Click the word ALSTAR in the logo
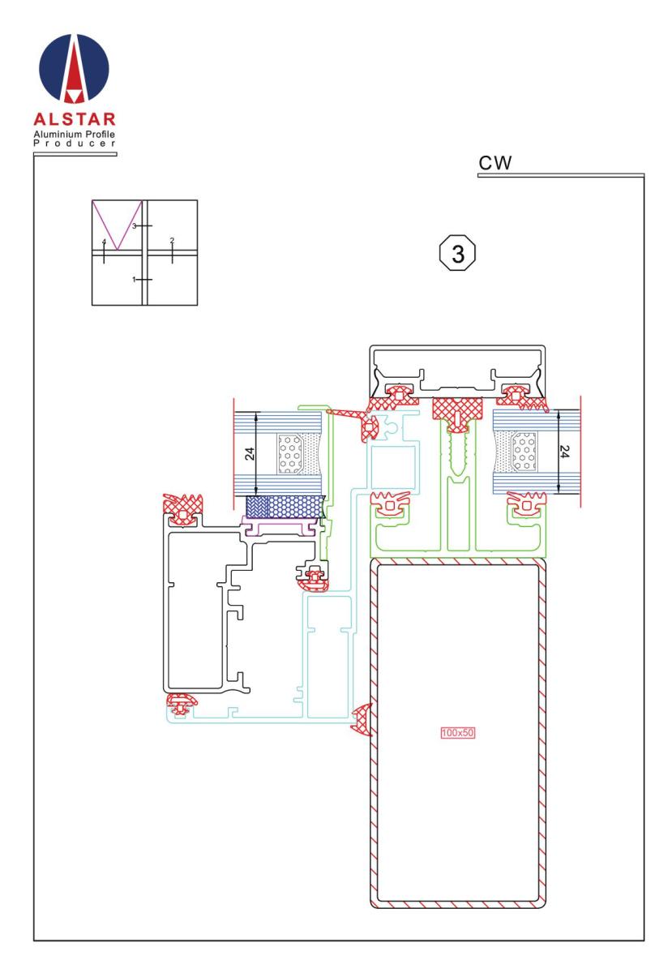75,119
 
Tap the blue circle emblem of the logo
74,69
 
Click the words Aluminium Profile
75,135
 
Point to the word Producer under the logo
75,144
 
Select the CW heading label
494,163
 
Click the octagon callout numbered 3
457,253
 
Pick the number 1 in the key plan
135,279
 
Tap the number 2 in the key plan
172,240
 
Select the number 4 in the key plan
104,242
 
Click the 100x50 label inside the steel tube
457,733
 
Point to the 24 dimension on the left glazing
250,454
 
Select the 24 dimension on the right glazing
564,452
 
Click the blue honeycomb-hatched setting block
285,508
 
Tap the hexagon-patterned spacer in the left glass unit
290,454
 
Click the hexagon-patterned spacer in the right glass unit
524,452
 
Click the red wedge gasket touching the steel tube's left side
362,720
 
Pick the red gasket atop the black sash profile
183,508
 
